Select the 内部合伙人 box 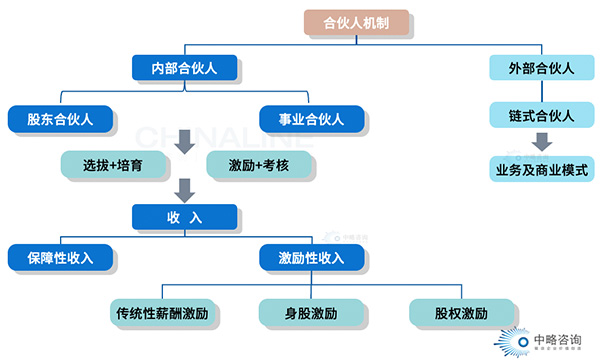pyautogui.click(x=185, y=68)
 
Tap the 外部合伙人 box pyautogui.click(x=541, y=68)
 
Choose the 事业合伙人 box pyautogui.click(x=310, y=119)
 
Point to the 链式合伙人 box pyautogui.click(x=541, y=115)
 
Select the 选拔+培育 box pyautogui.click(x=112, y=161)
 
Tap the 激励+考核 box pyautogui.click(x=257, y=161)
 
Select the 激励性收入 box pyautogui.click(x=310, y=258)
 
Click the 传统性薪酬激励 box pyautogui.click(x=166, y=313)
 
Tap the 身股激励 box pyautogui.click(x=310, y=313)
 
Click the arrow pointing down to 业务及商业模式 pyautogui.click(x=541, y=140)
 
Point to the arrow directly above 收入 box pyautogui.click(x=185, y=190)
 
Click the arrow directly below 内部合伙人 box pyautogui.click(x=185, y=143)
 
